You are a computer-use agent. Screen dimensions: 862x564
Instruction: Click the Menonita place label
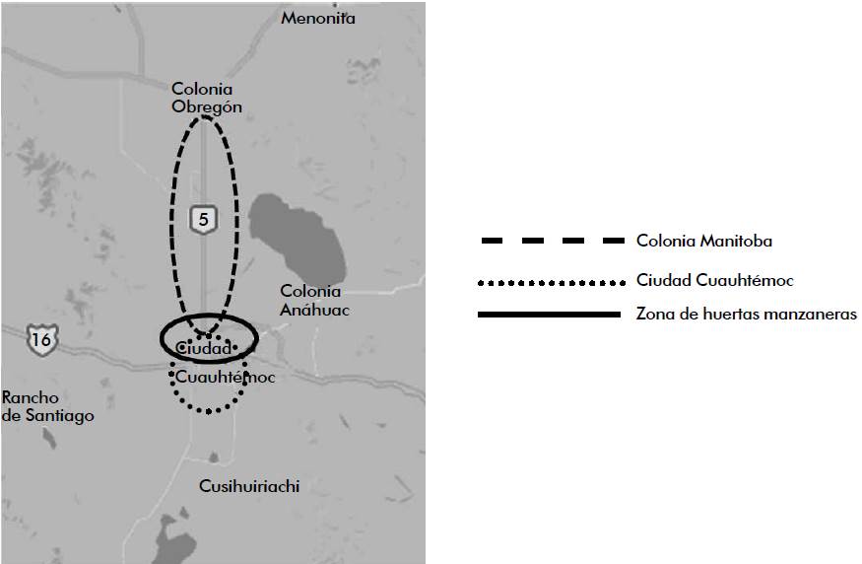pyautogui.click(x=317, y=18)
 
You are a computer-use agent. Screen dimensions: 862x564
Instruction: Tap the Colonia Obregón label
pyautogui.click(x=206, y=98)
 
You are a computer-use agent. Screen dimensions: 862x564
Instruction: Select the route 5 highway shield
pyautogui.click(x=203, y=220)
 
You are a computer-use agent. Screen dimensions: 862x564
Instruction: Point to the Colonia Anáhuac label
pyautogui.click(x=310, y=300)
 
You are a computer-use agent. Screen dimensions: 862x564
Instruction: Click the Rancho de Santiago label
pyautogui.click(x=47, y=406)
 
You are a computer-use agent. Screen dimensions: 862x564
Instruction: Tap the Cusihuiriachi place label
pyautogui.click(x=249, y=486)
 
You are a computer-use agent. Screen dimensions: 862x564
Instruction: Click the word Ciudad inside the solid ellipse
pyautogui.click(x=204, y=348)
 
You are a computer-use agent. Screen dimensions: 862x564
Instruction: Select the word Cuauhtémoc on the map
pyautogui.click(x=226, y=377)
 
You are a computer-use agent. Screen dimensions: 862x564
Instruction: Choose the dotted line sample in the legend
pyautogui.click(x=552, y=283)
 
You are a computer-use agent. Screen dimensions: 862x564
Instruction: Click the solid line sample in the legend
pyautogui.click(x=552, y=315)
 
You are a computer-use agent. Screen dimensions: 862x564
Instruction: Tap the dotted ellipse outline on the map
pyautogui.click(x=208, y=411)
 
